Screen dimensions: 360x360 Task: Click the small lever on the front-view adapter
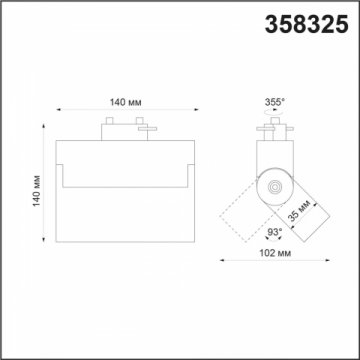(145, 129)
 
